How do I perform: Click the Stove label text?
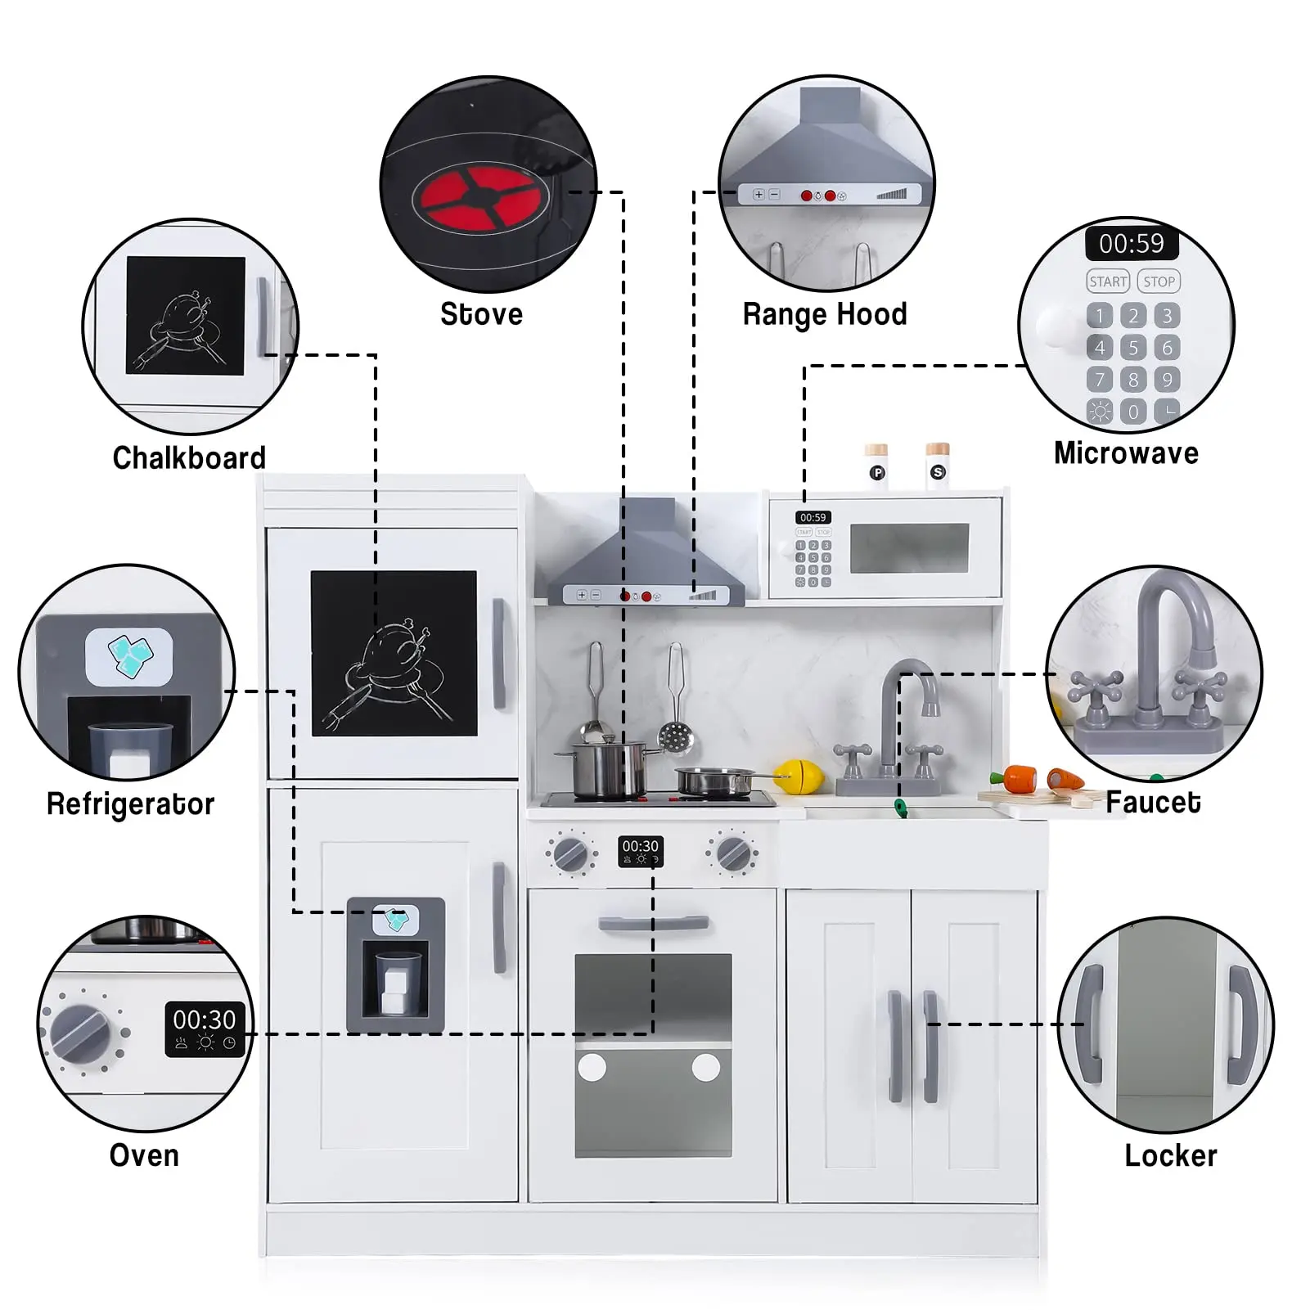pyautogui.click(x=481, y=314)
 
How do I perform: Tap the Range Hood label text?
pyautogui.click(x=825, y=314)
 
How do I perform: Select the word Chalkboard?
pyautogui.click(x=189, y=458)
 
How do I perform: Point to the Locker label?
pyautogui.click(x=1170, y=1155)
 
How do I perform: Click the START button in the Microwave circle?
pyautogui.click(x=1108, y=281)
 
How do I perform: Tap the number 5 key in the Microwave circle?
pyautogui.click(x=1133, y=348)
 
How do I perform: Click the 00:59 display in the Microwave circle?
pyautogui.click(x=1131, y=243)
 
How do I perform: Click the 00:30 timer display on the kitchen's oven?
pyautogui.click(x=640, y=851)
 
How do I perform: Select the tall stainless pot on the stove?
pyautogui.click(x=607, y=768)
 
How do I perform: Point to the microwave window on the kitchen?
pyautogui.click(x=909, y=548)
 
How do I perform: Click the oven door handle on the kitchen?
pyautogui.click(x=653, y=924)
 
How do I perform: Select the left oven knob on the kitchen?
pyautogui.click(x=570, y=855)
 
